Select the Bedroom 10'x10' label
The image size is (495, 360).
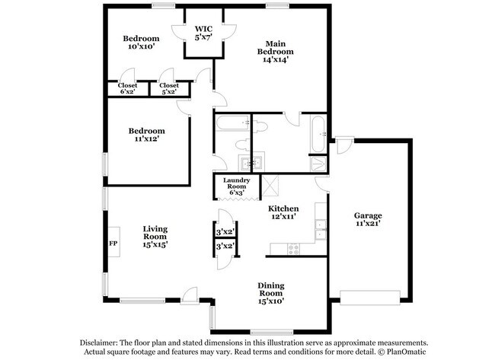coord(141,43)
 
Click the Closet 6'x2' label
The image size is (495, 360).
coord(127,88)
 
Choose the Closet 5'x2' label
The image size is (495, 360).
coord(168,88)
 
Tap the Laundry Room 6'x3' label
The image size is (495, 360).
coord(236,186)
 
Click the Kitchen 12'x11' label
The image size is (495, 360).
coord(283,212)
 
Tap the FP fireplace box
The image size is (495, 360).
coord(113,244)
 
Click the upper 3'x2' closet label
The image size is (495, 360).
coord(225,232)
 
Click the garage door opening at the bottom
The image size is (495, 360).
coord(369,297)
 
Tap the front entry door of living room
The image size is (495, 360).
coord(189,297)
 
